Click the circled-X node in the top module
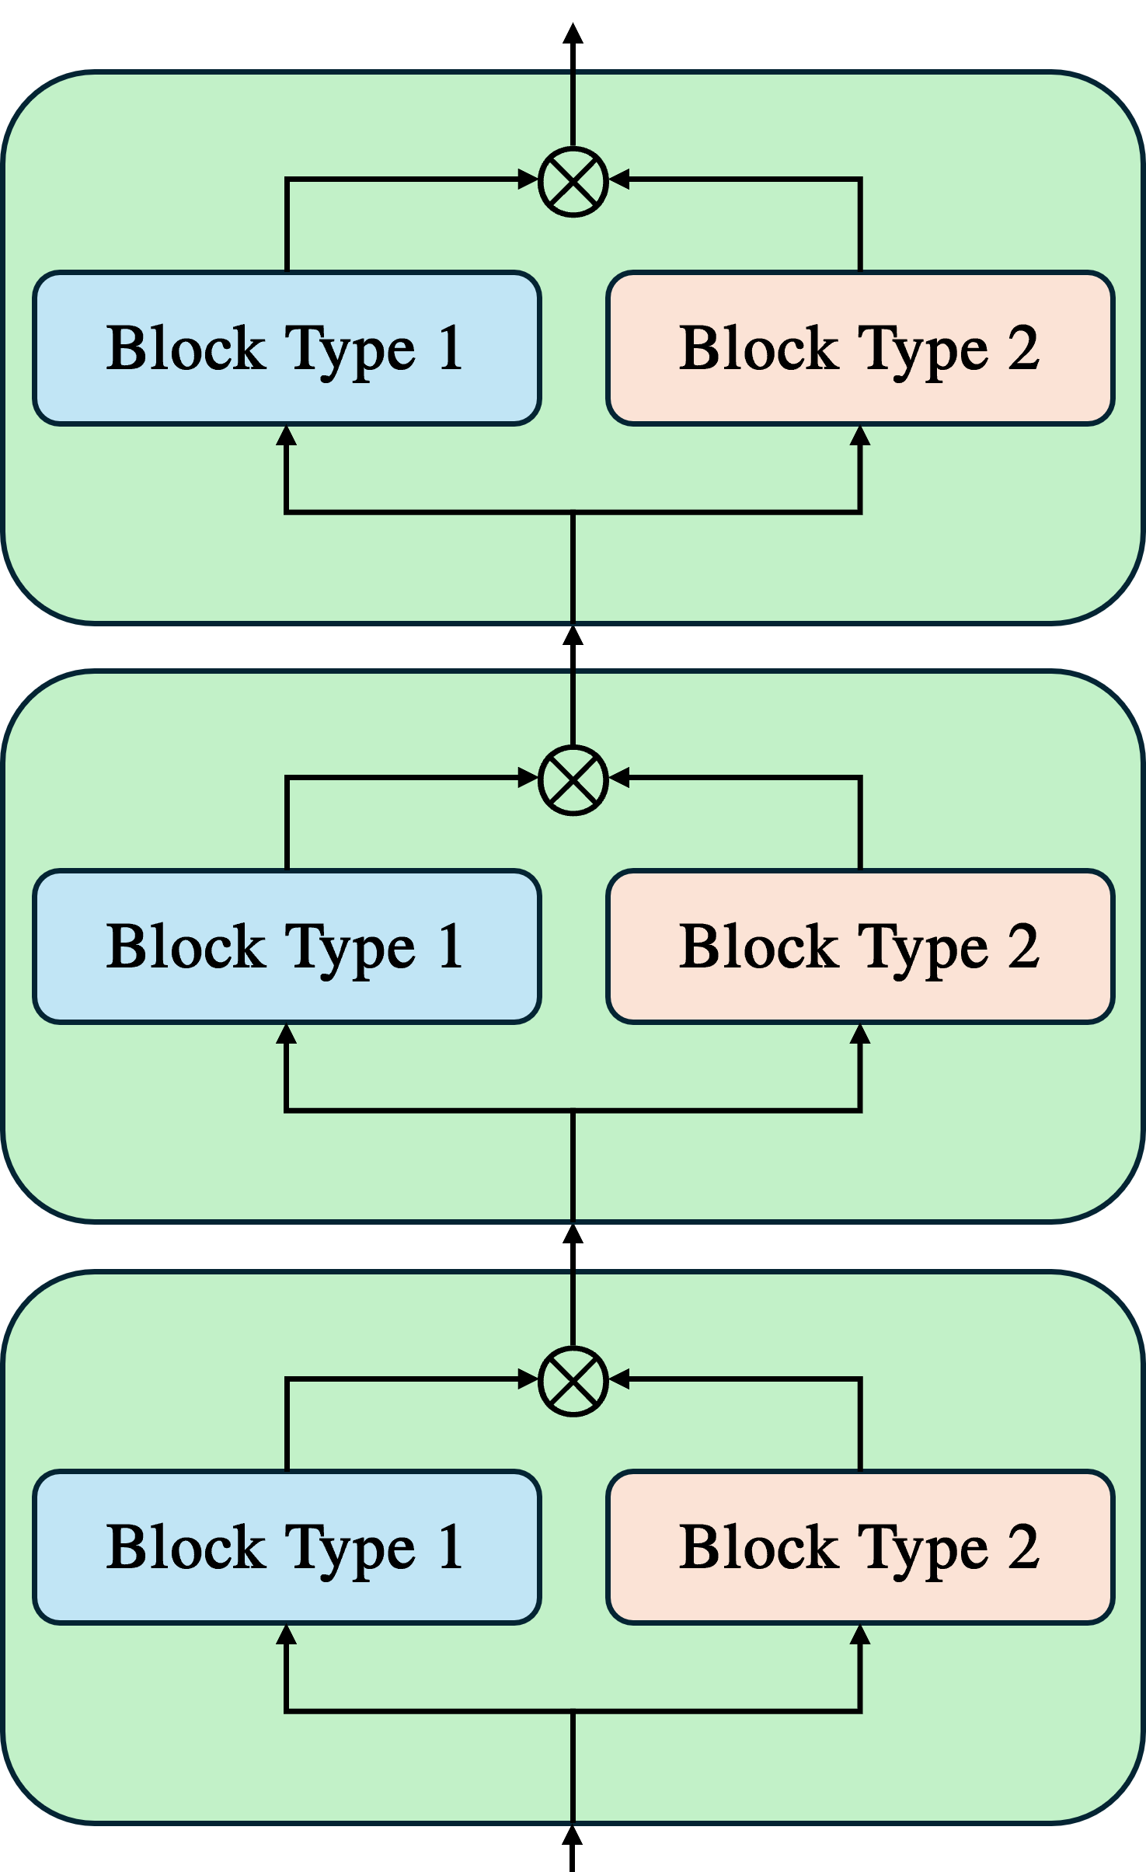click(573, 181)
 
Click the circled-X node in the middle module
click(573, 779)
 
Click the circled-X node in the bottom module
click(573, 1380)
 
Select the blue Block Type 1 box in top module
click(287, 348)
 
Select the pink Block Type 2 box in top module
click(860, 348)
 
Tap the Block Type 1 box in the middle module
click(287, 946)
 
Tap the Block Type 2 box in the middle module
click(860, 946)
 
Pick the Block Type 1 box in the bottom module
click(287, 1547)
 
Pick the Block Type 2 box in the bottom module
click(860, 1547)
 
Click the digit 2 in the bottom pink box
click(1023, 1547)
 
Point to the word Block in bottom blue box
click(186, 1547)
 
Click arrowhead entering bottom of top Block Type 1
click(287, 436)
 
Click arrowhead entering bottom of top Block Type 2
click(860, 436)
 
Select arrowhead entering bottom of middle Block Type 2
click(860, 1034)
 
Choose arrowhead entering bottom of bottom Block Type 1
click(287, 1635)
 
